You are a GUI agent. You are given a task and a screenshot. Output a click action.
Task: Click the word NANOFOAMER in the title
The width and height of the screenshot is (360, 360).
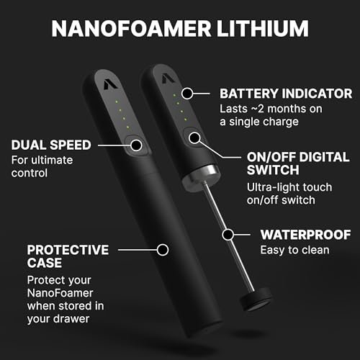point(131,28)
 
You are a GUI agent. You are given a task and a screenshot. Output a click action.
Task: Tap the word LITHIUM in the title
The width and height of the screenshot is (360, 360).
point(263,28)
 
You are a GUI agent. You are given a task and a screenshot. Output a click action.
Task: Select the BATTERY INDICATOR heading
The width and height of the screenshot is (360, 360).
point(286,94)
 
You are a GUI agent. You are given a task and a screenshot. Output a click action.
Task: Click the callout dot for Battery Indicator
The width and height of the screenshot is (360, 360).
point(187,94)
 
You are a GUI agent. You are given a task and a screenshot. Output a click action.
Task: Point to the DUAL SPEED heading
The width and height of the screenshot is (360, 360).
point(51,145)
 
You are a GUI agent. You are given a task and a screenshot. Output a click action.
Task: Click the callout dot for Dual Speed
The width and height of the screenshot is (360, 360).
point(136,145)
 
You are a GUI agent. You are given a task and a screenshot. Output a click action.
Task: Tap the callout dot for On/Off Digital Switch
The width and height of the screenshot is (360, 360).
point(194,138)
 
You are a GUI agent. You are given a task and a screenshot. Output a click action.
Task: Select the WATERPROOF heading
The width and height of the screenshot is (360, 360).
point(306,235)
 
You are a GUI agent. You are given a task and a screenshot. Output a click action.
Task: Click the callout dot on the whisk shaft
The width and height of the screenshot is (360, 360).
point(228,235)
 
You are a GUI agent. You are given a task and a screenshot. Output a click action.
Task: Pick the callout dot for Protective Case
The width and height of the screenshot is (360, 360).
point(163,250)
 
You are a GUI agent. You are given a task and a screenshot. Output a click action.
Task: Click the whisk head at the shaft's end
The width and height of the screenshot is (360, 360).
point(256,300)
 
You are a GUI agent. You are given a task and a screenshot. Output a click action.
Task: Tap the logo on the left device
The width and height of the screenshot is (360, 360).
point(110,84)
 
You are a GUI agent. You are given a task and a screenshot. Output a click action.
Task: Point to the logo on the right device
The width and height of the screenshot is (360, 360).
point(168,78)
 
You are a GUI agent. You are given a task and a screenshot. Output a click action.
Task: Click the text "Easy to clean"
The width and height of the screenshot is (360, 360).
point(295,250)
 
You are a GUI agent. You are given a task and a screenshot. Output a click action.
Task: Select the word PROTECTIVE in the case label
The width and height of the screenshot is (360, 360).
point(68,250)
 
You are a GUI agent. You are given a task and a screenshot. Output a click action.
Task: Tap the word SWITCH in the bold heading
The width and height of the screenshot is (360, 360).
point(273,170)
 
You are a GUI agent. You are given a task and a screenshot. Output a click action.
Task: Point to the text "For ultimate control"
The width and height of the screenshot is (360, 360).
point(42,166)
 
